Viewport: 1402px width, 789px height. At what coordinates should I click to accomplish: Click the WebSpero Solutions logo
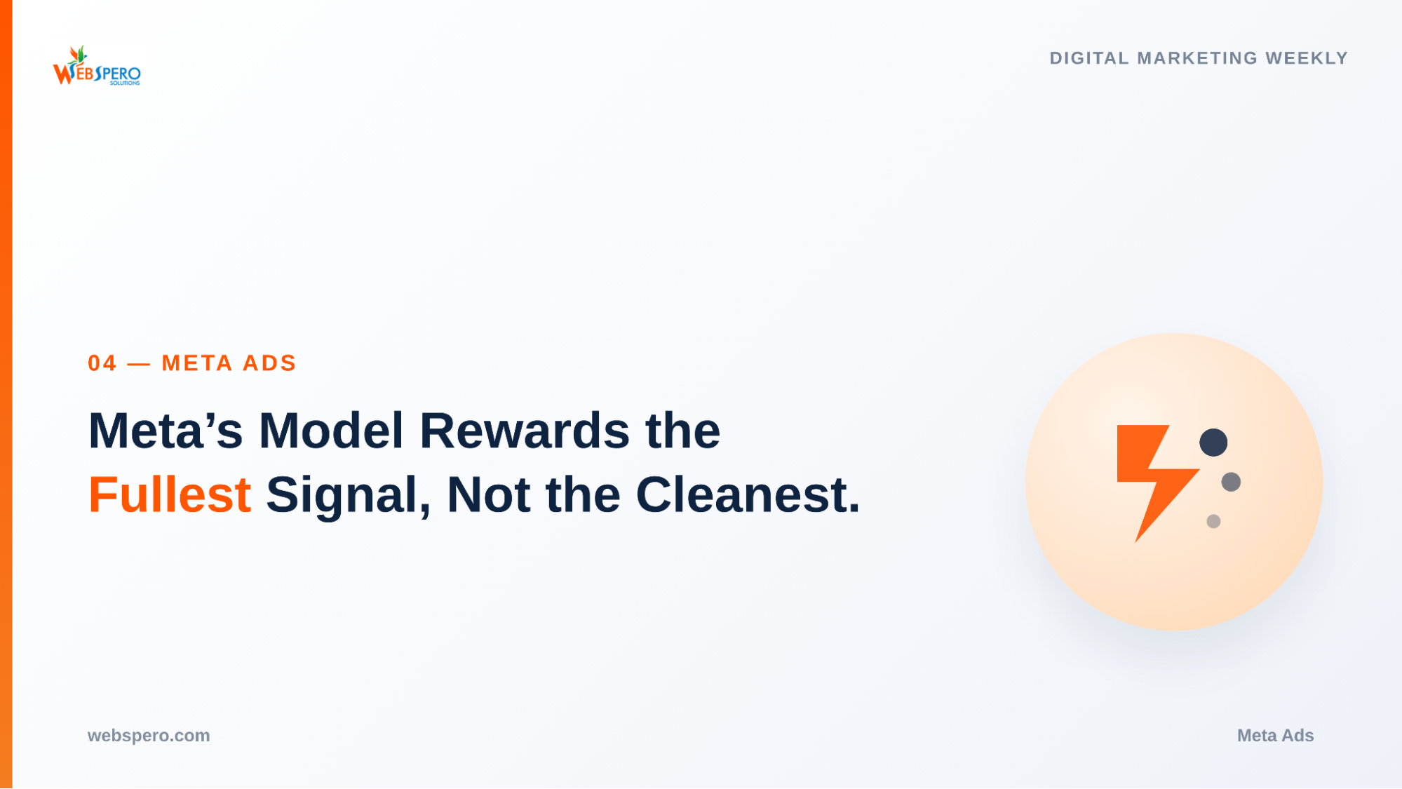(97, 66)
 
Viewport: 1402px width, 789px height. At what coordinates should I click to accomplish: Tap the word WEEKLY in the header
(1307, 58)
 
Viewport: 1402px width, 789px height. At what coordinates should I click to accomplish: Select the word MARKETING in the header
(1197, 58)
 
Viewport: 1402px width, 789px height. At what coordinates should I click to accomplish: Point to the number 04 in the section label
(102, 363)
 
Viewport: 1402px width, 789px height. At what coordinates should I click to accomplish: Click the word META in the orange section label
(197, 363)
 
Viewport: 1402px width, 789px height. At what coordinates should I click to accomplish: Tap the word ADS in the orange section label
(269, 363)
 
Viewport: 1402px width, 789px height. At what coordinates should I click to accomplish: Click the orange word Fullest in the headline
(170, 494)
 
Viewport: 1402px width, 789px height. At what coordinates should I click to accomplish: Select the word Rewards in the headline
(525, 430)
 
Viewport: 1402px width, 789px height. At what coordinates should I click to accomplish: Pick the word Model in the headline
(331, 430)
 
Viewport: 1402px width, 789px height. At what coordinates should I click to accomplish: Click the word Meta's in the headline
(166, 430)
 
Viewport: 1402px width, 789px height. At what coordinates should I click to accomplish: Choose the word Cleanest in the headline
(748, 494)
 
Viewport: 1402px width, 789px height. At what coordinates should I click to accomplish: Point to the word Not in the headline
(488, 494)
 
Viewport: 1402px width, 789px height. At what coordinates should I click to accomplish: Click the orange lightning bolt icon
(1157, 483)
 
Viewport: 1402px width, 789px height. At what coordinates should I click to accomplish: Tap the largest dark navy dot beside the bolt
(1213, 443)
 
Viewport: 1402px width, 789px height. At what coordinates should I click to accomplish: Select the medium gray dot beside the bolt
(1231, 482)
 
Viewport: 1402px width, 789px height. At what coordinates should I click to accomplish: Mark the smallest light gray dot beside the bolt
(1213, 521)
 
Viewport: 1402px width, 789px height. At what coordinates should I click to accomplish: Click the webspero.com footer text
(149, 736)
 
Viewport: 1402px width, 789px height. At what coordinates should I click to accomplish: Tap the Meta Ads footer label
(1275, 736)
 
